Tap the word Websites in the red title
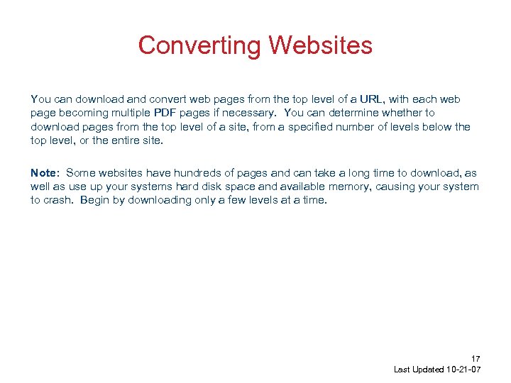pos(321,45)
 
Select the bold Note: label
pos(46,173)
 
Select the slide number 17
pos(476,359)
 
